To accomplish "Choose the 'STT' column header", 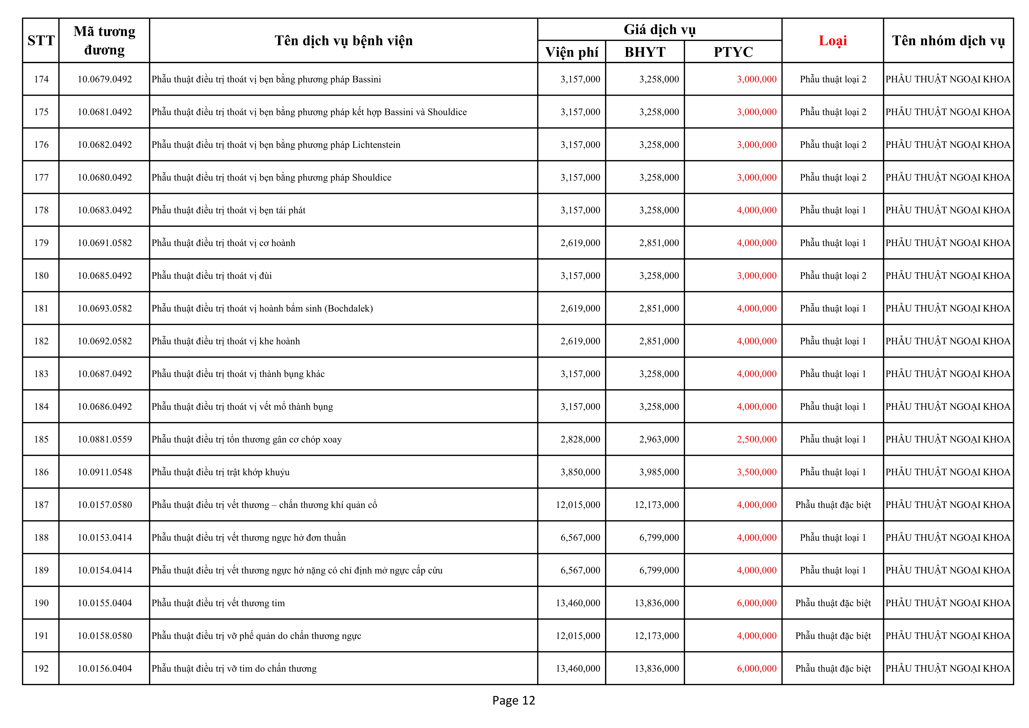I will coord(41,41).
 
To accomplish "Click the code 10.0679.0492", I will coord(105,79).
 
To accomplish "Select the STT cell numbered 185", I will coord(41,439).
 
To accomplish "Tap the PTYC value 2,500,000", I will coord(757,439).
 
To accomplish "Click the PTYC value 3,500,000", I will coord(757,472).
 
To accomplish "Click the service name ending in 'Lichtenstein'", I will coord(276,145).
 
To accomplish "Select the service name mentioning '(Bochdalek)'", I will coord(262,308).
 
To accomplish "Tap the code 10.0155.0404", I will coord(105,603).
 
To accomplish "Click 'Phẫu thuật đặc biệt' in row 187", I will coord(833,505).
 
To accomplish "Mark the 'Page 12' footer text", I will coord(514,700).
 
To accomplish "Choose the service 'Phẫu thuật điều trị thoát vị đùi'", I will coord(211,276).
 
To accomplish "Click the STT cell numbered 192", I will coord(41,668).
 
